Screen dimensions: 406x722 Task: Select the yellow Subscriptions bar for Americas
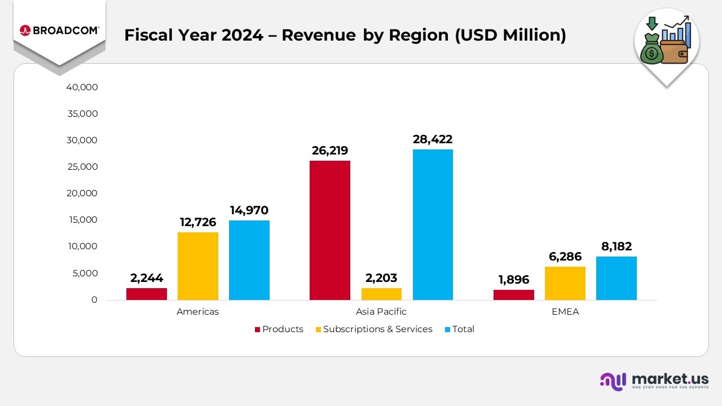pyautogui.click(x=198, y=266)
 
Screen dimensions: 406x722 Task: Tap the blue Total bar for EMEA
pyautogui.click(x=616, y=278)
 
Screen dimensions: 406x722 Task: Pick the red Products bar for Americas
pyautogui.click(x=147, y=294)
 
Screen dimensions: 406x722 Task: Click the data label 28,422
pyautogui.click(x=433, y=139)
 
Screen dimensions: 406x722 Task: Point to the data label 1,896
pyautogui.click(x=513, y=280)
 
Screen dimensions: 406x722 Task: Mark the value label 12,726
pyautogui.click(x=199, y=222)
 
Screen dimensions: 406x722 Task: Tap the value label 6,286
pyautogui.click(x=565, y=257)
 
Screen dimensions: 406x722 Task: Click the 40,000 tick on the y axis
pyautogui.click(x=82, y=87)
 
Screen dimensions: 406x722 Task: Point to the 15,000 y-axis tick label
pyautogui.click(x=82, y=220)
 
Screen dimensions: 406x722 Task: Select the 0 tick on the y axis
pyautogui.click(x=94, y=300)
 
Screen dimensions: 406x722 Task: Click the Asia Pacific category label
pyautogui.click(x=381, y=312)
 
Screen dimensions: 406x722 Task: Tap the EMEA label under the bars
pyautogui.click(x=565, y=312)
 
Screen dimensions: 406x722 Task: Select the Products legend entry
pyautogui.click(x=279, y=329)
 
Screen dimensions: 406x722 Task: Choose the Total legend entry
pyautogui.click(x=460, y=329)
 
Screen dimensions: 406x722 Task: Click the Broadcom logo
pyautogui.click(x=59, y=30)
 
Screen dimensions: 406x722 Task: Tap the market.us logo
pyautogui.click(x=654, y=381)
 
